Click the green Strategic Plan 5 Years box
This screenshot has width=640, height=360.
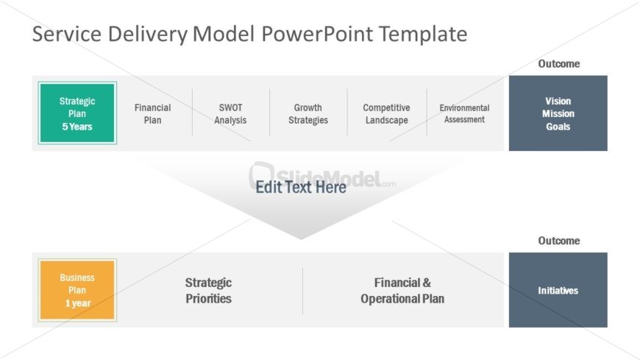[x=77, y=113]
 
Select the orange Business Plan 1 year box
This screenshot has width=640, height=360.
[x=77, y=290]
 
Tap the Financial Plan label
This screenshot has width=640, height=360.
[x=152, y=113]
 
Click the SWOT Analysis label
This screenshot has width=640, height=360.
[x=230, y=113]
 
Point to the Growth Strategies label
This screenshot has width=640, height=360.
[x=307, y=113]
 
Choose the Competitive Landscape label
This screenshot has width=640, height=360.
[x=386, y=113]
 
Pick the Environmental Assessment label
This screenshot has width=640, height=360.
[x=464, y=113]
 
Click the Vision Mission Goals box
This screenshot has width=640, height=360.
[x=558, y=113]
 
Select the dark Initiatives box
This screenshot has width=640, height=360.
[x=558, y=290]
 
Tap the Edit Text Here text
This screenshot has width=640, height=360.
[x=300, y=187]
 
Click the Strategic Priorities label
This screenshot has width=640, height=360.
[x=208, y=290]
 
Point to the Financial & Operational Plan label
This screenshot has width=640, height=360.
[x=402, y=290]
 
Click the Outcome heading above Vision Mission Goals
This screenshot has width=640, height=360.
[x=558, y=64]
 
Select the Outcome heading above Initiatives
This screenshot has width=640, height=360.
[x=558, y=241]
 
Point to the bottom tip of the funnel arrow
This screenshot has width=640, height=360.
[x=300, y=238]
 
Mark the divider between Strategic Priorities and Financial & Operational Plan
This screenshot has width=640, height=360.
[x=302, y=290]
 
